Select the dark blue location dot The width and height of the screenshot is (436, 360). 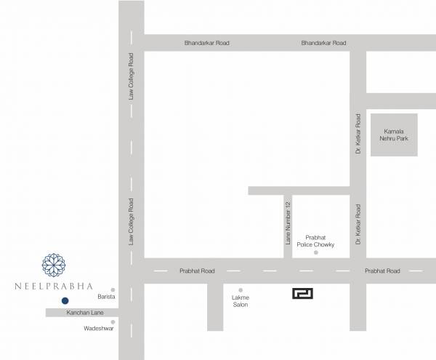[65, 300]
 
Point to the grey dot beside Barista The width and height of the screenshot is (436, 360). [113, 289]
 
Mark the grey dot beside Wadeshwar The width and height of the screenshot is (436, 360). [113, 321]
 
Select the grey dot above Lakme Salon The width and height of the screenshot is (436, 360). [241, 289]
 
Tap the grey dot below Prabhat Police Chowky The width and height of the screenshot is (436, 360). [315, 253]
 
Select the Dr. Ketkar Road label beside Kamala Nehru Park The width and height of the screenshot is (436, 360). [358, 133]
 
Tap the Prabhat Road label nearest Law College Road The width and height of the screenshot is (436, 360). [197, 271]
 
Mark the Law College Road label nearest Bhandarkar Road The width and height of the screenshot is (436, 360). [132, 76]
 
